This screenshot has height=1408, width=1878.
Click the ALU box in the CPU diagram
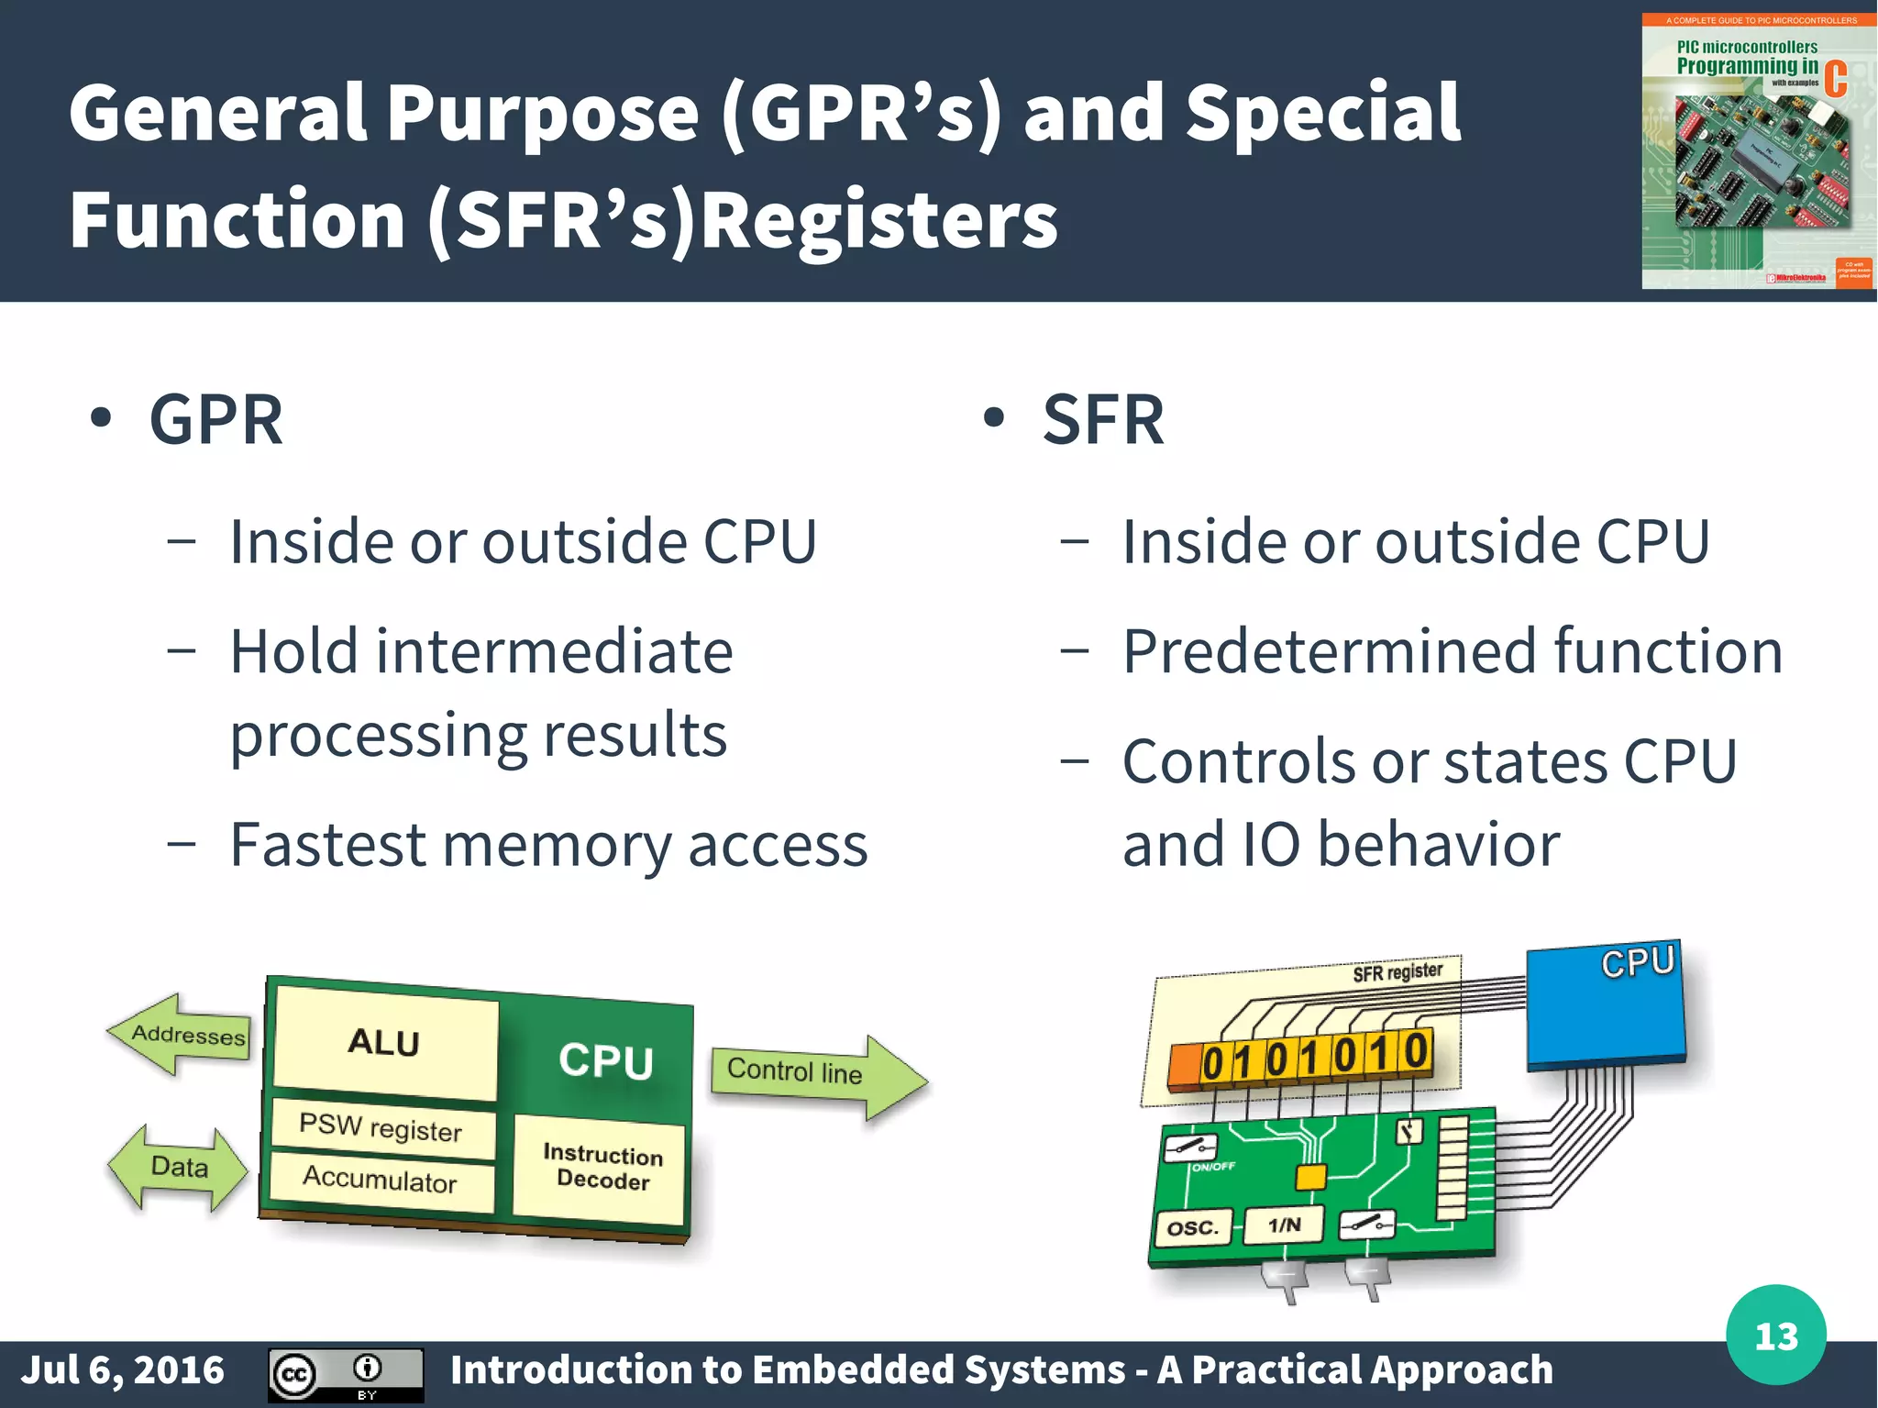(x=385, y=1043)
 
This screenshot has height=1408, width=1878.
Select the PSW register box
(x=381, y=1128)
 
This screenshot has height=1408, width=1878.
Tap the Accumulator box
(x=381, y=1180)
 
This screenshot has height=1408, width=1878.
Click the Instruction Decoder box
(x=602, y=1167)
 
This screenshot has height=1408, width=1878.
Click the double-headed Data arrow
(x=179, y=1168)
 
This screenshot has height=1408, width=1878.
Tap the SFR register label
(x=1397, y=972)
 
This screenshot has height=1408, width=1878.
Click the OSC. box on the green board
(x=1192, y=1228)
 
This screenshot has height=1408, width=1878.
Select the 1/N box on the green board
(x=1284, y=1225)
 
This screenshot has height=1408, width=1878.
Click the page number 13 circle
(x=1775, y=1336)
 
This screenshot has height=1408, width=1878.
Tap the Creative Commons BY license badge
(x=346, y=1374)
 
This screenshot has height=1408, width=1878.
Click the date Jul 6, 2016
(x=123, y=1370)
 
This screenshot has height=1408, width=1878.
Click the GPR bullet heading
(x=216, y=420)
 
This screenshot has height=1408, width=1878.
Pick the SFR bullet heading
(x=1103, y=420)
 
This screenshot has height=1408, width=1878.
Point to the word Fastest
(x=327, y=845)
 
